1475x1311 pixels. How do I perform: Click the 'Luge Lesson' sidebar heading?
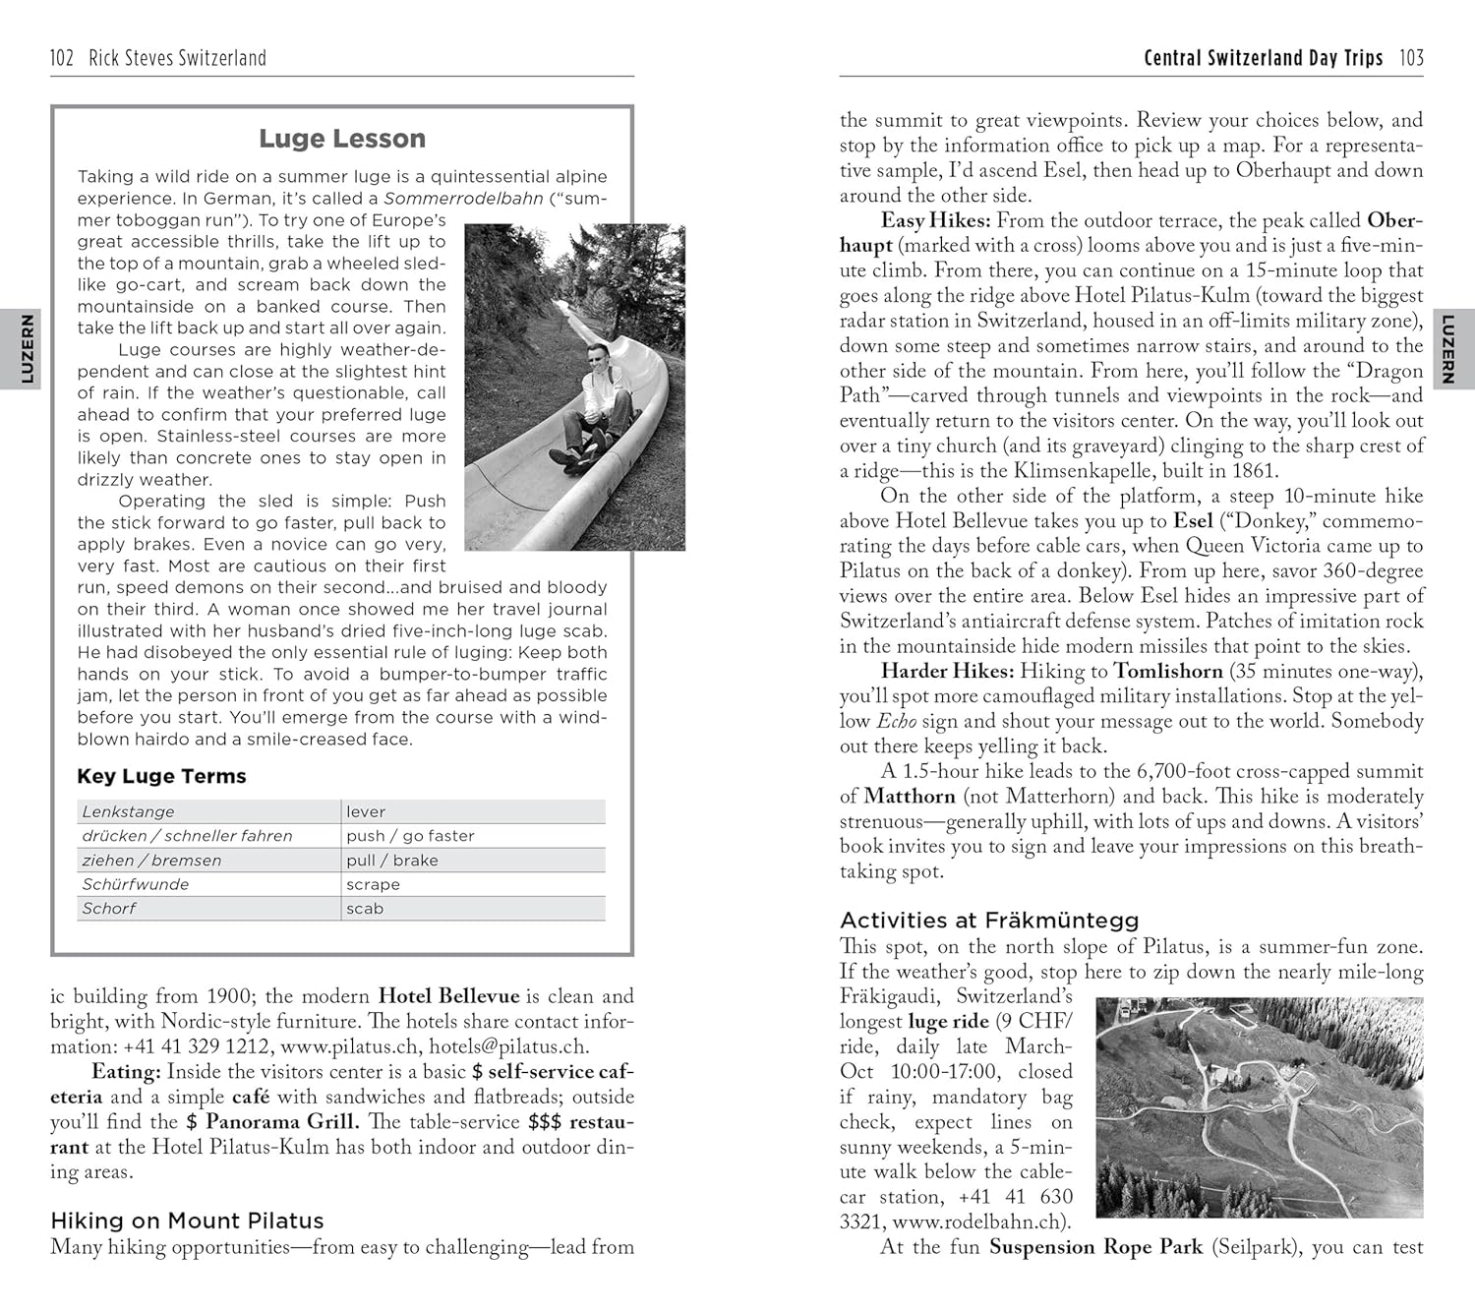click(342, 139)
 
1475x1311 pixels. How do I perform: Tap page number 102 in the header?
click(62, 58)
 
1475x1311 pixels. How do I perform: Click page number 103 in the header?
click(1411, 58)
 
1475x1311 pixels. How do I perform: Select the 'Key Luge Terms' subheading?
click(161, 776)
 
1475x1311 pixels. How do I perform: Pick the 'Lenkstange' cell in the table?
click(128, 811)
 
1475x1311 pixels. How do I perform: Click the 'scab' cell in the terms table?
click(365, 909)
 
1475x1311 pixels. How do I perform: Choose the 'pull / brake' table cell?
click(391, 861)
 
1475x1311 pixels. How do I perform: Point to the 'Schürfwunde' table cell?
click(135, 884)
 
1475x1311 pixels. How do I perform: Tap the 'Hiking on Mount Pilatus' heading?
click(187, 1221)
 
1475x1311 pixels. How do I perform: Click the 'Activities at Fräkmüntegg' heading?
click(988, 921)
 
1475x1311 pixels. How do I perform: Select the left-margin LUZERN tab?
click(27, 349)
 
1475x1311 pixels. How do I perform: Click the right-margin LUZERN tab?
click(1447, 349)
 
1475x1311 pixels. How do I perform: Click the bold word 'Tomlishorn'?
click(1167, 672)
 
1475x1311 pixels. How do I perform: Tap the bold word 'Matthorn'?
click(910, 797)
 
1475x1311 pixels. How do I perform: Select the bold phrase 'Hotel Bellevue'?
click(448, 996)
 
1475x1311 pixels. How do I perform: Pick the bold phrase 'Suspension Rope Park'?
click(1095, 1247)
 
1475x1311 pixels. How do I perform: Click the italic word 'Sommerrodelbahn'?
click(463, 199)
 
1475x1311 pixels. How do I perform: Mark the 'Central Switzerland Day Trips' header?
click(1263, 58)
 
